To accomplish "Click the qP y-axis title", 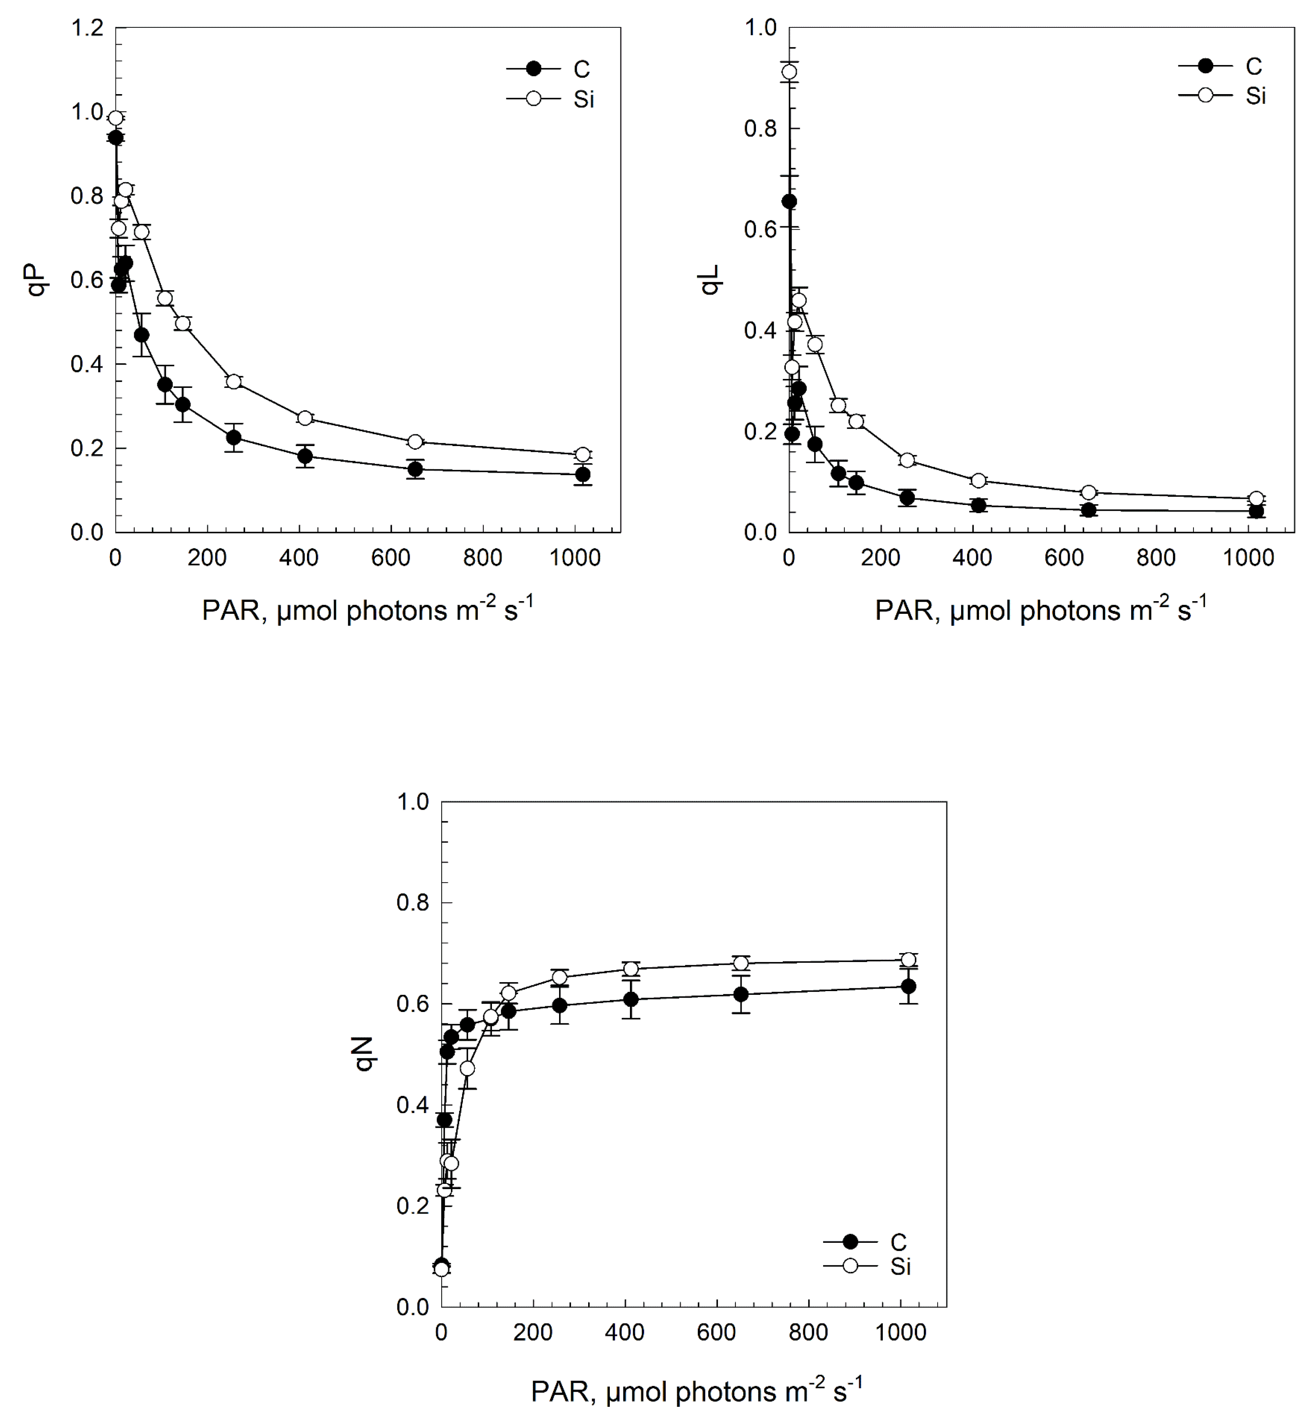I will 39,279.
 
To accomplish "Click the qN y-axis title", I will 365,1054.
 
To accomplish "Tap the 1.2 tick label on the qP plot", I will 88,28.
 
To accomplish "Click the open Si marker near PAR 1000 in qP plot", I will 582,455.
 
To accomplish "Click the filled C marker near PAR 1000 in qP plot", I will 582,475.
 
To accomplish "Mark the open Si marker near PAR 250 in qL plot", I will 907,460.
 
